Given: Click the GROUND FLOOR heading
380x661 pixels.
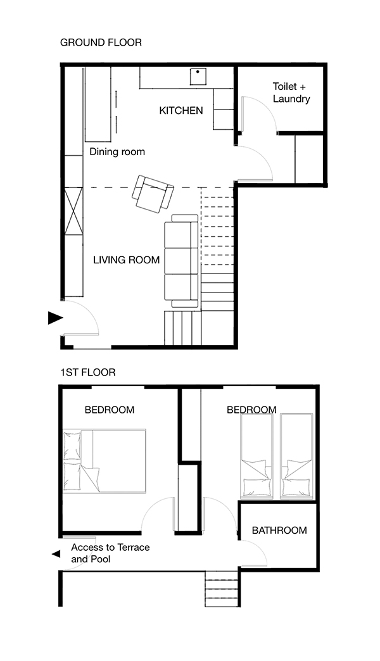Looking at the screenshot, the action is pyautogui.click(x=101, y=42).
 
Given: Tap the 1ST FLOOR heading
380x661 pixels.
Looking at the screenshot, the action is pyautogui.click(x=88, y=373).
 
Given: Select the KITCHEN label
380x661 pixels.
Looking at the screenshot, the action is pyautogui.click(x=181, y=110).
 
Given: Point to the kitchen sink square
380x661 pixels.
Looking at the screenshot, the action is pyautogui.click(x=198, y=77).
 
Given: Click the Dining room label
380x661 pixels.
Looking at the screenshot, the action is pyautogui.click(x=117, y=152).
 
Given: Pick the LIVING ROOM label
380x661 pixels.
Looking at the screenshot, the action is pyautogui.click(x=127, y=260).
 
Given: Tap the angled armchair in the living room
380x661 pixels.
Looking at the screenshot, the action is pyautogui.click(x=152, y=194).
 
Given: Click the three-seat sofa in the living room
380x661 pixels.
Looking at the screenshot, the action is pyautogui.click(x=181, y=261).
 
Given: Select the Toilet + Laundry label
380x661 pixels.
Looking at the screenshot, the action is pyautogui.click(x=291, y=92).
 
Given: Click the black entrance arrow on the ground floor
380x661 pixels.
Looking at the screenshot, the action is pyautogui.click(x=55, y=318).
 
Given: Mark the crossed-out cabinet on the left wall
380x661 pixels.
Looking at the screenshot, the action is pyautogui.click(x=73, y=211).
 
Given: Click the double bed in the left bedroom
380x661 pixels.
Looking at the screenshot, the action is pyautogui.click(x=104, y=461).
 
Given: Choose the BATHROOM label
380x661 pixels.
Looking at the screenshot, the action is pyautogui.click(x=279, y=531).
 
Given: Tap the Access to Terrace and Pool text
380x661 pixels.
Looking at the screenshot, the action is pyautogui.click(x=110, y=553).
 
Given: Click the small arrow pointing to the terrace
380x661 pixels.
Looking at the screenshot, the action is pyautogui.click(x=56, y=555).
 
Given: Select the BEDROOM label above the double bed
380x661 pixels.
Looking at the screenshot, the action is pyautogui.click(x=109, y=410).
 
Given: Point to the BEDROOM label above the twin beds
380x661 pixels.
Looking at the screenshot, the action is pyautogui.click(x=251, y=410).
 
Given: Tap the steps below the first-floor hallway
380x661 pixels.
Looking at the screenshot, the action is pyautogui.click(x=222, y=588).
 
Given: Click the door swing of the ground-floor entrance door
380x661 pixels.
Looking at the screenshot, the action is pyautogui.click(x=89, y=311).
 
